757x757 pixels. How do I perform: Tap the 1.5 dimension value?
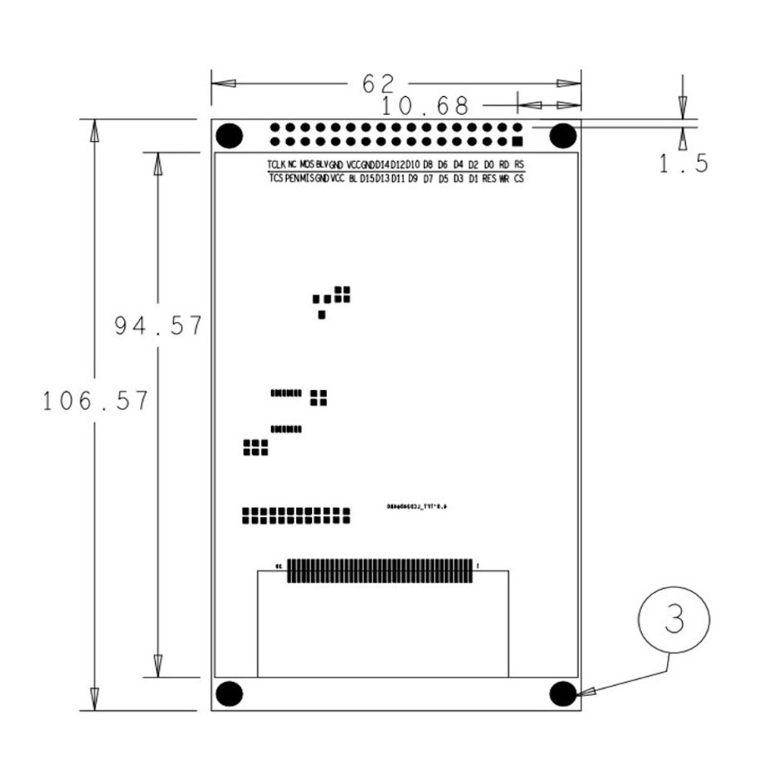[684, 163]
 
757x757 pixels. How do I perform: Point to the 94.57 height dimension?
[158, 326]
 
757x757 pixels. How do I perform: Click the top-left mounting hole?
[229, 136]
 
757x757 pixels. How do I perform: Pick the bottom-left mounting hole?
[229, 693]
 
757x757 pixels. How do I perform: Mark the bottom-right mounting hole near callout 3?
[562, 693]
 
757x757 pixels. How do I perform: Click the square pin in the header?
[518, 142]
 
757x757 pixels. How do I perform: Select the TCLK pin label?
[276, 164]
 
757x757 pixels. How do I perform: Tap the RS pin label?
[519, 164]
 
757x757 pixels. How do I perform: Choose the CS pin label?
[519, 179]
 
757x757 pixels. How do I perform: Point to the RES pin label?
[489, 179]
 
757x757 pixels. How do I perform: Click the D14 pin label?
[383, 164]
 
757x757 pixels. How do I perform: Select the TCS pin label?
[276, 179]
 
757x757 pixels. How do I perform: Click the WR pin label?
[504, 179]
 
